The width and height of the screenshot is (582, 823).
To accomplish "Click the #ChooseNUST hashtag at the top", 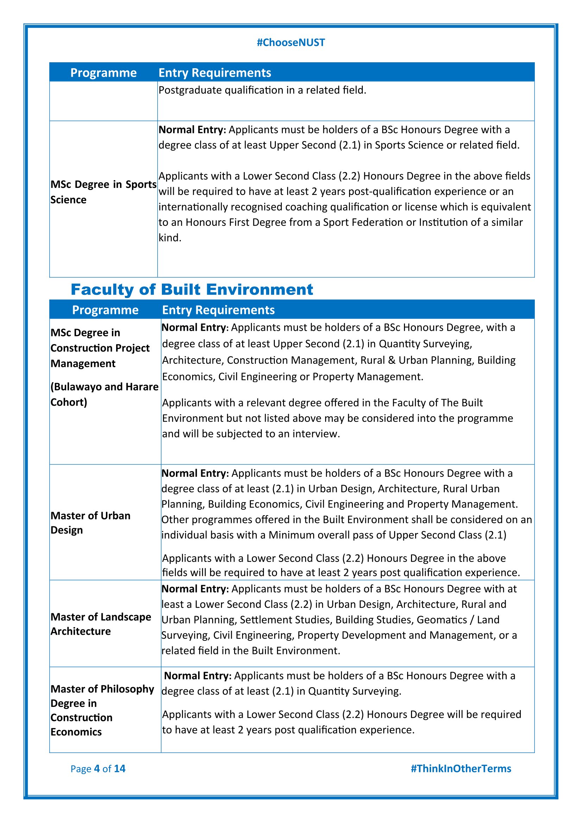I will [x=291, y=43].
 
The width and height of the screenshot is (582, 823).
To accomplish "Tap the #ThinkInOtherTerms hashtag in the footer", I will [x=461, y=768].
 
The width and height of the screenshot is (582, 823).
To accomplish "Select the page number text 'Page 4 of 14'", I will [x=98, y=768].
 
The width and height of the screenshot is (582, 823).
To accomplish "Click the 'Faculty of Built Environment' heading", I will [x=192, y=290].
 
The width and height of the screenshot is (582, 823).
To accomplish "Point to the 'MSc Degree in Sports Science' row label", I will [x=103, y=192].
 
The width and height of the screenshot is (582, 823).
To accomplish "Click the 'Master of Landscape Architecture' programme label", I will [x=101, y=624].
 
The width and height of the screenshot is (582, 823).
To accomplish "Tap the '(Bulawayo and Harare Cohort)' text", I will [x=104, y=394].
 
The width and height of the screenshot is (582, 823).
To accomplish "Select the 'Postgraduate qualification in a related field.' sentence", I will [x=262, y=90].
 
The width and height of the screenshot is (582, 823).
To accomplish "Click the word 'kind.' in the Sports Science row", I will [x=170, y=238].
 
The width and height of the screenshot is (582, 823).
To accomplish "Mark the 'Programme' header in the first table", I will [x=103, y=73].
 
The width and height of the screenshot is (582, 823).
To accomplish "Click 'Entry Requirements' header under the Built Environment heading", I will [x=218, y=310].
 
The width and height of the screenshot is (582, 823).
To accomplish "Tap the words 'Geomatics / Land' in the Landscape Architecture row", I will [x=458, y=620].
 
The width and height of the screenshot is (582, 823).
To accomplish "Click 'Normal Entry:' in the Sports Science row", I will [x=192, y=130].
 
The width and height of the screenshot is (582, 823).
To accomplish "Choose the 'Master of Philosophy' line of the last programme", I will [x=102, y=689].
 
